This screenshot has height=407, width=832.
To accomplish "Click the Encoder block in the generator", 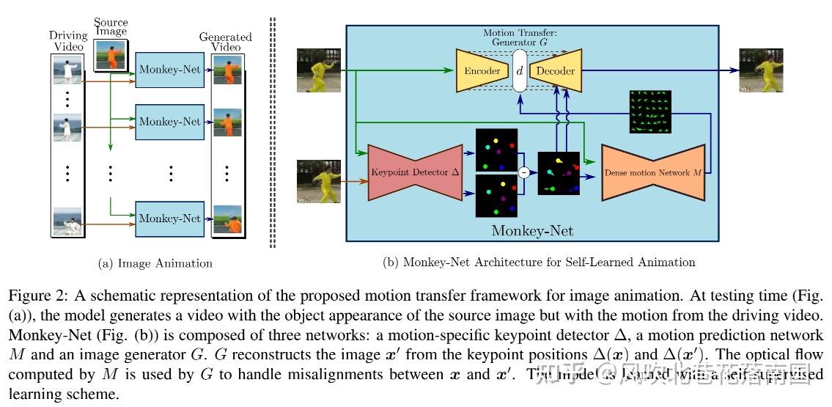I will (482, 71).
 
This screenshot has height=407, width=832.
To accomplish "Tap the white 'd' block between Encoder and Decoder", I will (520, 71).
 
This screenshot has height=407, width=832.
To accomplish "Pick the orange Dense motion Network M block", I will (652, 173).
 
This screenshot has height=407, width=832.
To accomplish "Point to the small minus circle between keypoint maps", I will (523, 172).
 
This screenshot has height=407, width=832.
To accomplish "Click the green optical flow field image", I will (649, 112).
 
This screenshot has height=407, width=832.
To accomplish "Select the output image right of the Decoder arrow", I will (761, 70).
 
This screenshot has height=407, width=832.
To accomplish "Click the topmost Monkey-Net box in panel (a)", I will (169, 71).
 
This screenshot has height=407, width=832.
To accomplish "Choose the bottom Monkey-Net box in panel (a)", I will (169, 219).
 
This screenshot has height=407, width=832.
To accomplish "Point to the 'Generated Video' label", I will (226, 42).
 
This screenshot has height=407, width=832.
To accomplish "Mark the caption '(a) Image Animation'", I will (155, 263).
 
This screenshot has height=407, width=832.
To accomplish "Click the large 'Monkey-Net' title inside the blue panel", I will (531, 231).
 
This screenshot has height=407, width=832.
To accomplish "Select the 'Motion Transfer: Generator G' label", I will (519, 37).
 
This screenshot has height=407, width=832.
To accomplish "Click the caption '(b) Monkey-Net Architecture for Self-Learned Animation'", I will (539, 262).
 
